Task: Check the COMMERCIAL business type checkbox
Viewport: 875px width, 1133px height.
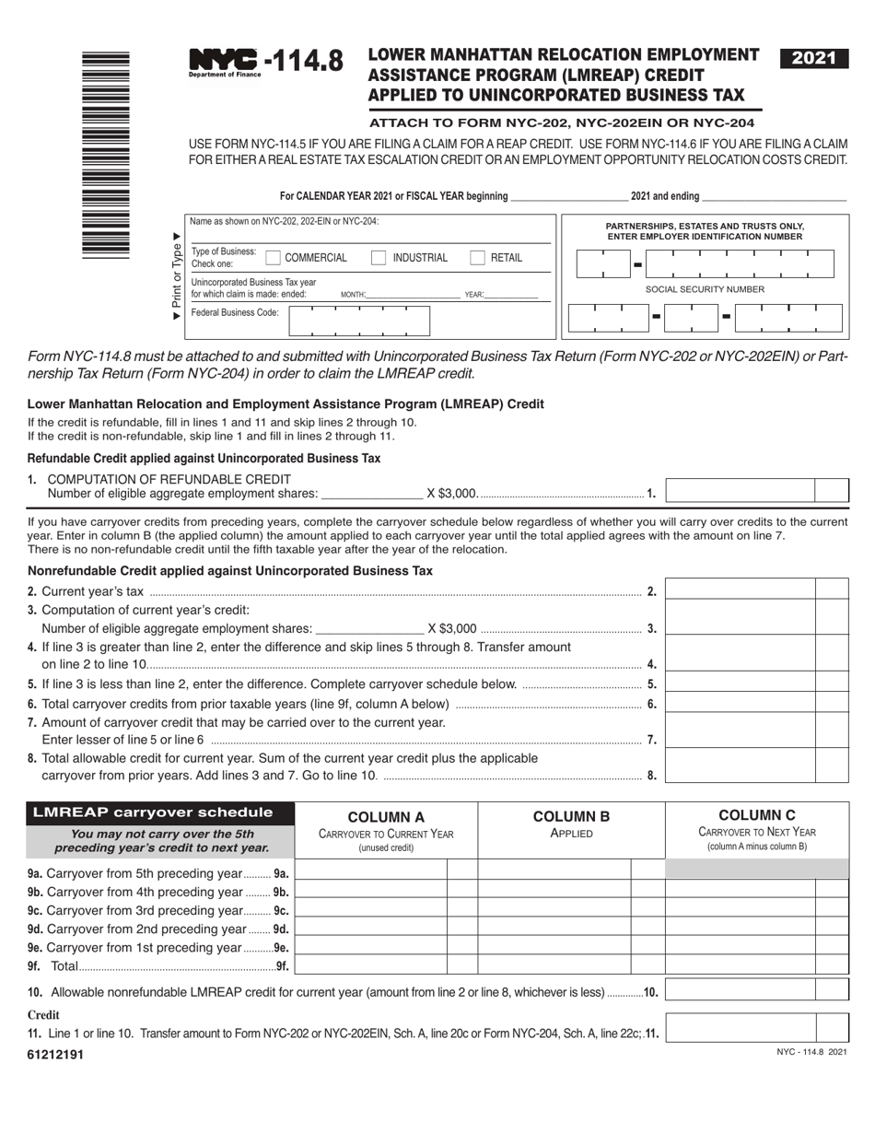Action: [x=273, y=258]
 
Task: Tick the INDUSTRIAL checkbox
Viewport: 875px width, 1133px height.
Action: [x=379, y=258]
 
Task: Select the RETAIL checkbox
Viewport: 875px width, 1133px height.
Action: [x=477, y=258]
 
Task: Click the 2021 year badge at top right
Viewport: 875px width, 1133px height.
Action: [x=813, y=58]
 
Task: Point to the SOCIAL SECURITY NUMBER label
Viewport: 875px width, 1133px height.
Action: [x=705, y=289]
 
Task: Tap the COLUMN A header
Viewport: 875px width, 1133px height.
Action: [x=386, y=816]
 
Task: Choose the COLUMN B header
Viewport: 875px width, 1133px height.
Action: [x=571, y=816]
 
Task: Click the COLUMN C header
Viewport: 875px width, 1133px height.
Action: [x=756, y=815]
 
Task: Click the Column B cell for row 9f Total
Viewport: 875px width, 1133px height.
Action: [x=554, y=964]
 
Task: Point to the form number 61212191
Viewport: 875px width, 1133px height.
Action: [x=55, y=1055]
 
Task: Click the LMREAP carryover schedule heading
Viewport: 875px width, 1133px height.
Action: [x=153, y=812]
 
